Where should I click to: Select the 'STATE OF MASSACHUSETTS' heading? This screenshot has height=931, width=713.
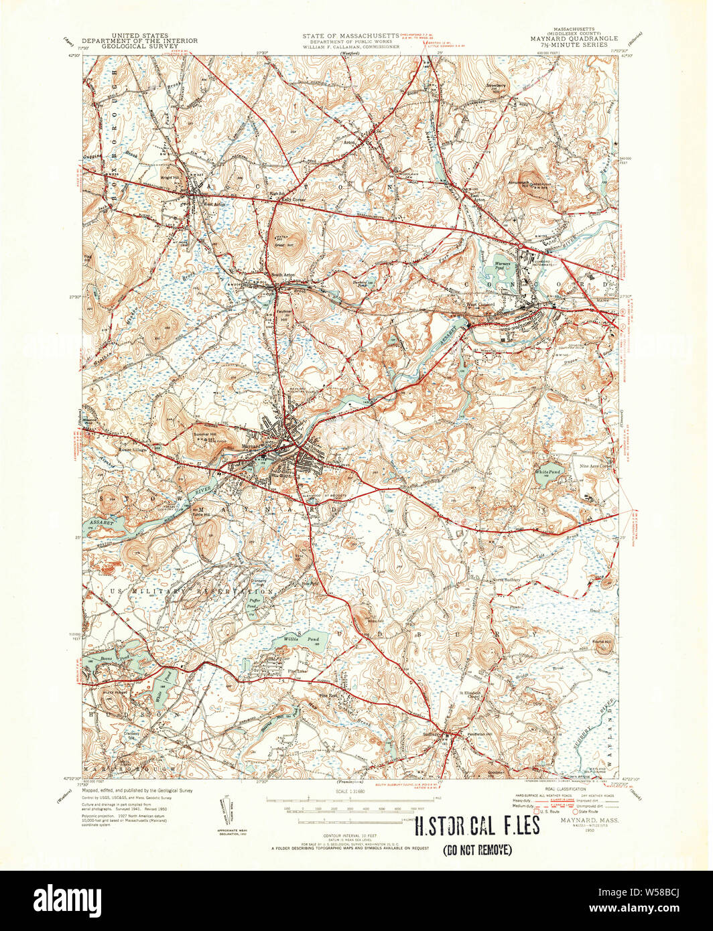click(350, 35)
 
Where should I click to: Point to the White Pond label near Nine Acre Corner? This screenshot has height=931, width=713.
click(547, 472)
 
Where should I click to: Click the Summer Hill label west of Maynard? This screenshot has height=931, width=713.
click(206, 435)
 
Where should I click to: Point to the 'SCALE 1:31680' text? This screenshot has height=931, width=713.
click(356, 791)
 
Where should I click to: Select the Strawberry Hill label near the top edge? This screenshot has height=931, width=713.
click(497, 88)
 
